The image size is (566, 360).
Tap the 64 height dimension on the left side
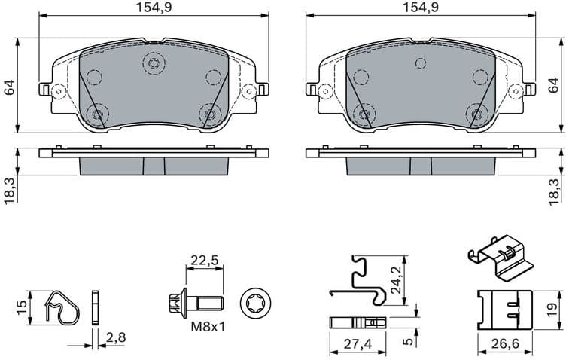[10, 86]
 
